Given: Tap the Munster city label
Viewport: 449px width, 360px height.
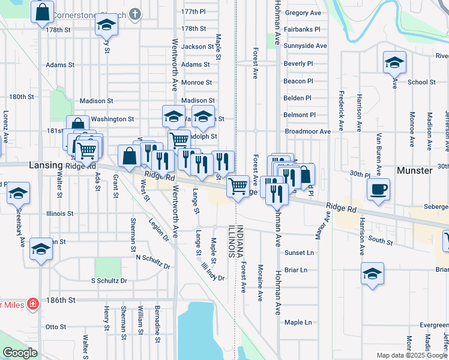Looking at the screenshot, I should [415, 170].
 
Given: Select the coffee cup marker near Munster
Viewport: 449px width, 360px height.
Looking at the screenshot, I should [378, 190].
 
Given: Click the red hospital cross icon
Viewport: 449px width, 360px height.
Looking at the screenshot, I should [32, 304].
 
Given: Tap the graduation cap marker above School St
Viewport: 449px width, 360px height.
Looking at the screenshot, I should [395, 62].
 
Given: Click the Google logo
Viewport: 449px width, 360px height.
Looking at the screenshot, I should [20, 353].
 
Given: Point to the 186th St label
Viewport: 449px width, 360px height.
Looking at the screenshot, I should [63, 299].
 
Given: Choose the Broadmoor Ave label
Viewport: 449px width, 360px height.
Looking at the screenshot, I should [308, 131].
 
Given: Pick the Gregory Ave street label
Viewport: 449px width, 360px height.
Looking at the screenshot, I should [303, 13].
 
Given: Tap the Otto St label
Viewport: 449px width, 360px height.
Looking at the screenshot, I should [55, 327].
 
